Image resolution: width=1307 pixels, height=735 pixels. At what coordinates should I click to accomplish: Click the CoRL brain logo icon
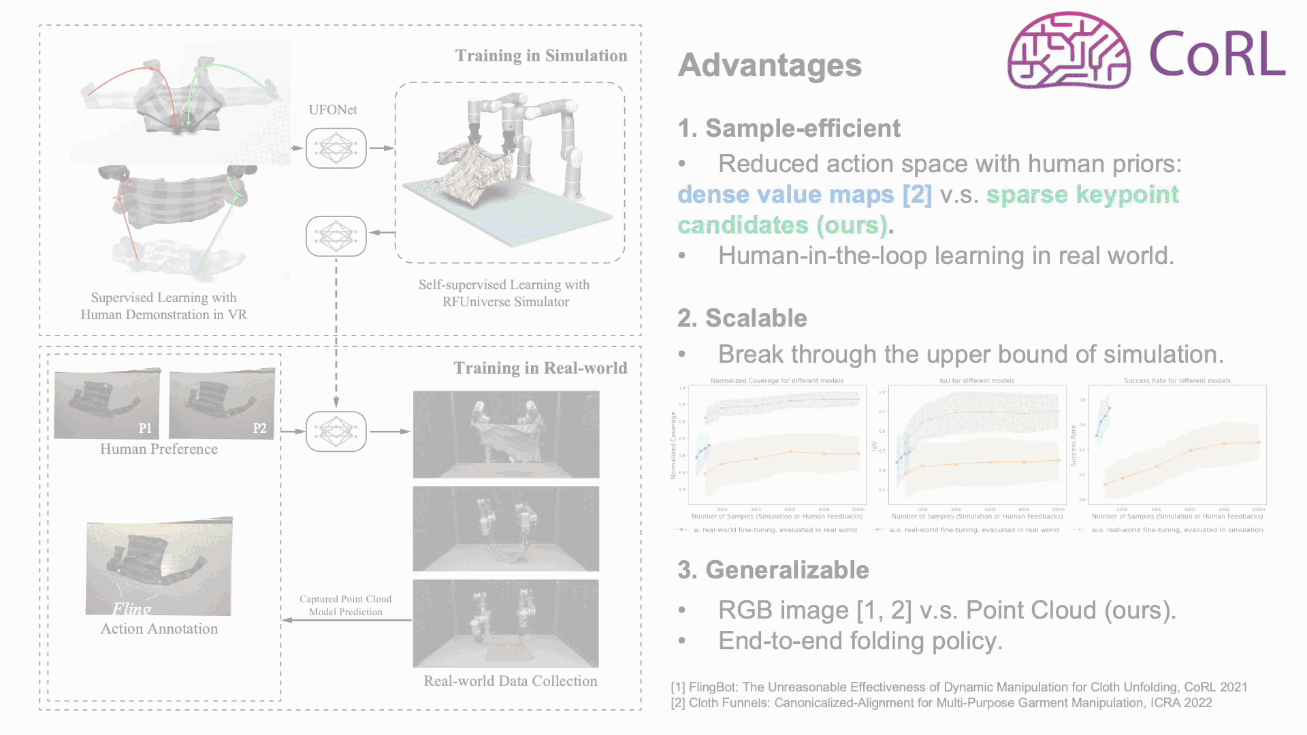point(1069,51)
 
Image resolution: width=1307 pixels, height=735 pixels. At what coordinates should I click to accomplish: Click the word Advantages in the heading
point(770,65)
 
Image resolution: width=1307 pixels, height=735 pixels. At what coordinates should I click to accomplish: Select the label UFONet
point(332,110)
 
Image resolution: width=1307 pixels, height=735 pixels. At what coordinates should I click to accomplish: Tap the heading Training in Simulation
point(541,56)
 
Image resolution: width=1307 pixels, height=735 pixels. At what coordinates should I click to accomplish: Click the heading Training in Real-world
point(540,368)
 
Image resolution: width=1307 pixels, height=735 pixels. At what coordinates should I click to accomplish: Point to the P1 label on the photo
point(145,428)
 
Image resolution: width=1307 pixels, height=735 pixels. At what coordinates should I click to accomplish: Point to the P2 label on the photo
point(259,428)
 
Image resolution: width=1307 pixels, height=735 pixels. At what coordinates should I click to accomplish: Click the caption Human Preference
point(159,449)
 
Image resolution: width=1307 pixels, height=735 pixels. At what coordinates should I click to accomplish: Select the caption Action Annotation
point(159,629)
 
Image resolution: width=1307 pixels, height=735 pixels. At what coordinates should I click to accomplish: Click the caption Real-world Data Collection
point(510,681)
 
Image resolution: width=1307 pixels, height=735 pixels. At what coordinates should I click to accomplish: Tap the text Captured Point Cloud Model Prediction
point(345,605)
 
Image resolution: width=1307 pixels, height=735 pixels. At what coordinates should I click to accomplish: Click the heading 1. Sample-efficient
point(789,128)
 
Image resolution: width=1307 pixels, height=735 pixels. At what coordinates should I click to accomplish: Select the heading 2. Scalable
point(742,318)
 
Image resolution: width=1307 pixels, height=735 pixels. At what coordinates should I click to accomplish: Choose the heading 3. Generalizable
point(773,570)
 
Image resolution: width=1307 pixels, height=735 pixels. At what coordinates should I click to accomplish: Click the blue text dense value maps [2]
point(805,195)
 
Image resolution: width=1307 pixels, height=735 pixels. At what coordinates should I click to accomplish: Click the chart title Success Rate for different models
point(1177,381)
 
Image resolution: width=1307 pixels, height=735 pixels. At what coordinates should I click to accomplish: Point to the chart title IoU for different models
point(977,381)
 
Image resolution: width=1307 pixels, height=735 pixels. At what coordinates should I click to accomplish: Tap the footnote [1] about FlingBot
point(959,687)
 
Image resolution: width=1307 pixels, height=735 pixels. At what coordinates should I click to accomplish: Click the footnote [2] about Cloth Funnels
point(941,703)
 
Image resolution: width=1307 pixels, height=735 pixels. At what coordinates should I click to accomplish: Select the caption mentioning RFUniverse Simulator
point(504,293)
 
